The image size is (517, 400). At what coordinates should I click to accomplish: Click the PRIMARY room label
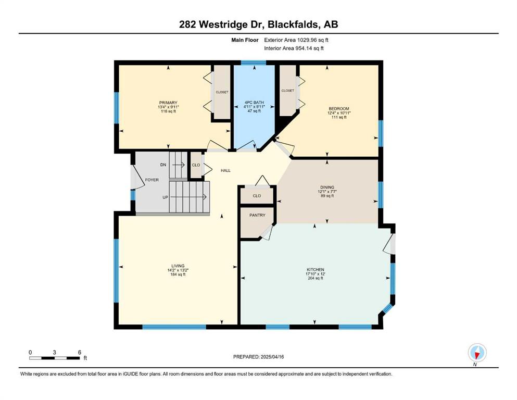pos(168,103)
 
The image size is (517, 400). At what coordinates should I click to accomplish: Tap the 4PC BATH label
pos(254,103)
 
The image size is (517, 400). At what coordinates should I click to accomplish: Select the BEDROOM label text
pos(338,108)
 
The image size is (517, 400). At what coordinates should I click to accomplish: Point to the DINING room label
pos(327,187)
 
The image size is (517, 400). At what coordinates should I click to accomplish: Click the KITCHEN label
pos(315,269)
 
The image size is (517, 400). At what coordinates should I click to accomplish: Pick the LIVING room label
pos(178,266)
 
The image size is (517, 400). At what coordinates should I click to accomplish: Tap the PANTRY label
pos(257,215)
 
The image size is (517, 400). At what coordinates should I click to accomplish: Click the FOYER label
pos(152,180)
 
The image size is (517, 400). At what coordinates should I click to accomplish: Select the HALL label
pos(225,170)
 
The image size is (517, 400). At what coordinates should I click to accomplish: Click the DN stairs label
pos(163,165)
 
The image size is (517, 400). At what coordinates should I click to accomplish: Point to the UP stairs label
pos(165,197)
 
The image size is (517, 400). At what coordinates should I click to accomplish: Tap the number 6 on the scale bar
pos(80,352)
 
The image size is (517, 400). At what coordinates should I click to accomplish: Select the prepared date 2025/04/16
pos(272,357)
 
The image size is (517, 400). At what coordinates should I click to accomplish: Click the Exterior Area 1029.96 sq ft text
pos(296,40)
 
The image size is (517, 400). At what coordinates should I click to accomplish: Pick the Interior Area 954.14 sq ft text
pos(294,48)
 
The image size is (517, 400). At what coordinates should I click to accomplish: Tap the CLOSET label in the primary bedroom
pos(222,92)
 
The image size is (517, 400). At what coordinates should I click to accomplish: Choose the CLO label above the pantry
pos(257,196)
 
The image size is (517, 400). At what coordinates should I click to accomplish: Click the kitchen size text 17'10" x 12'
pos(315,274)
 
